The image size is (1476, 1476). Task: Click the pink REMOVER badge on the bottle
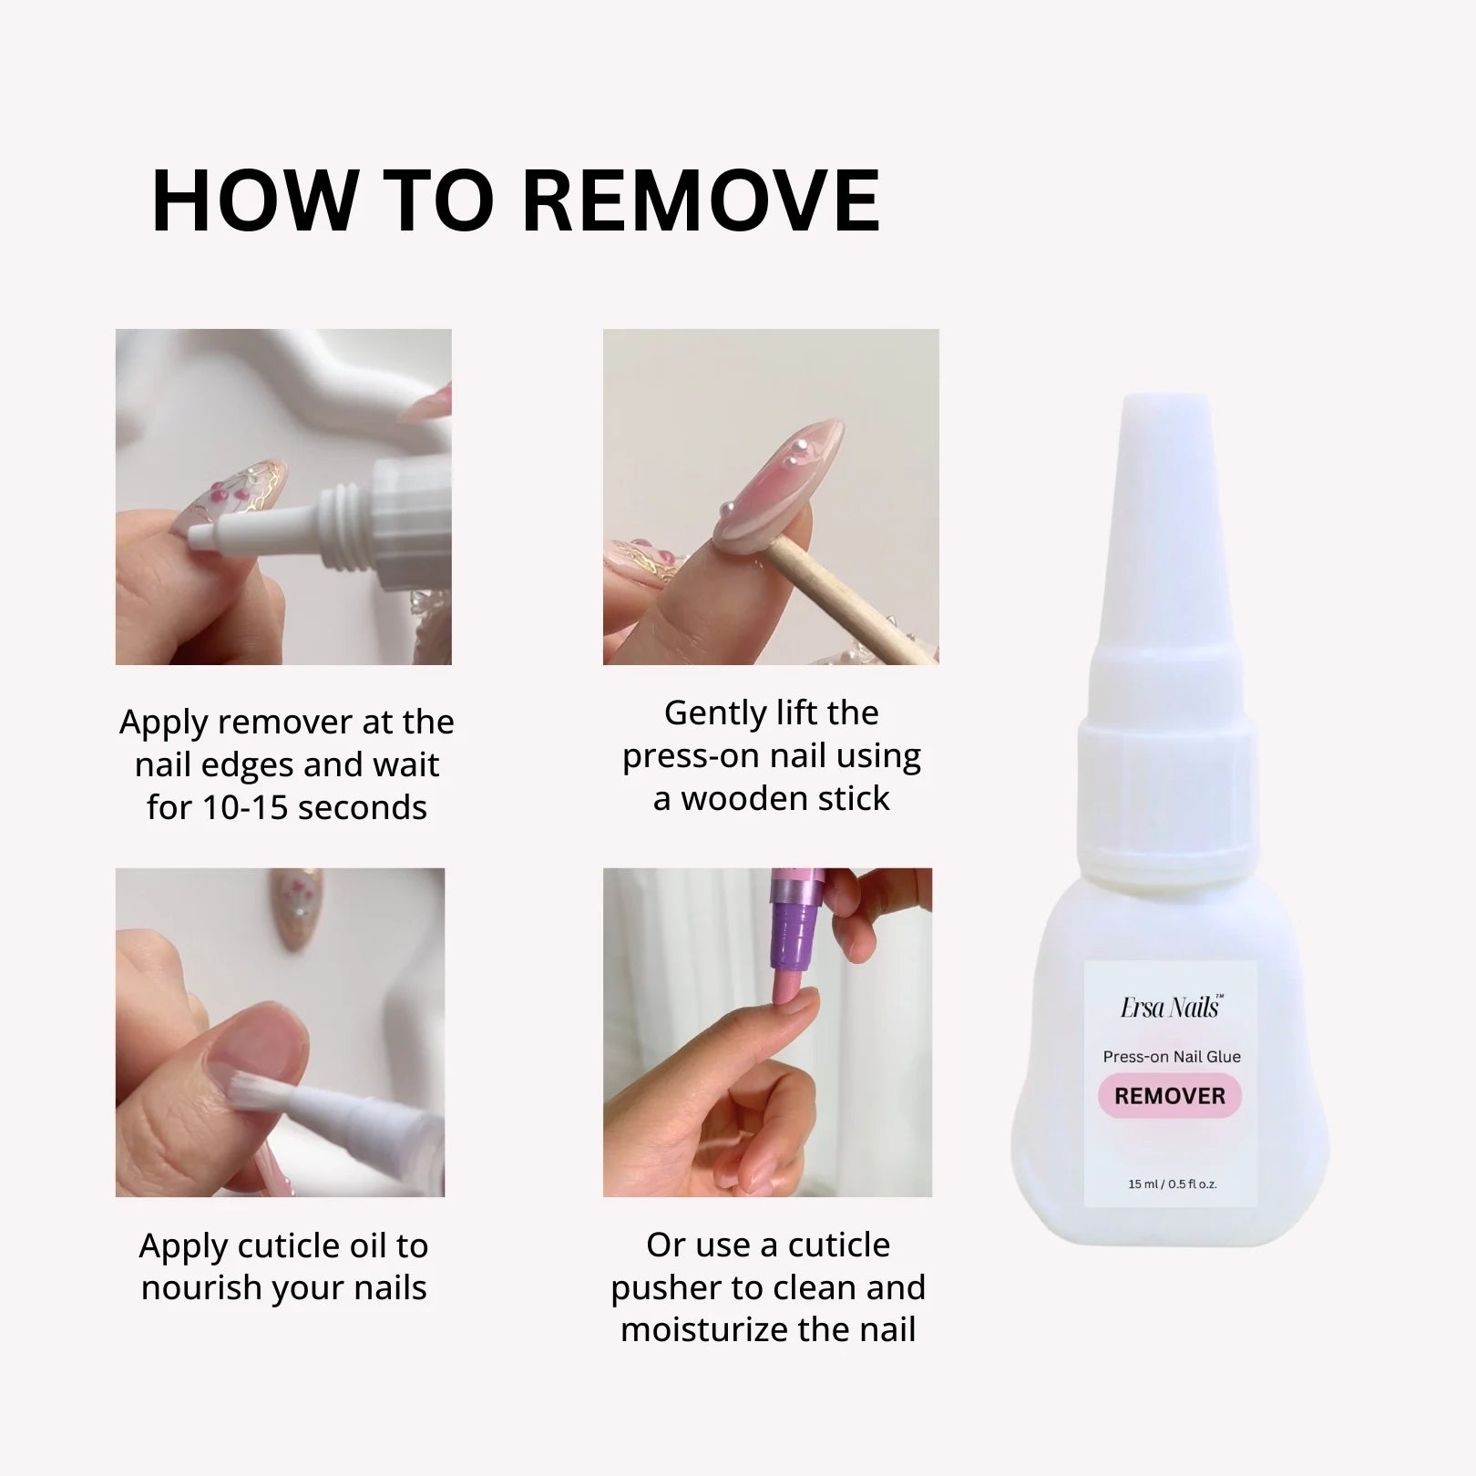click(x=1170, y=1095)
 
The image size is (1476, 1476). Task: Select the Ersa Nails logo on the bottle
click(x=1171, y=1008)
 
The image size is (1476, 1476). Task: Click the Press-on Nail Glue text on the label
click(x=1172, y=1057)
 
